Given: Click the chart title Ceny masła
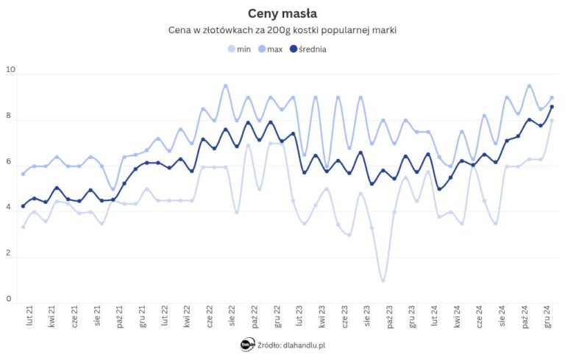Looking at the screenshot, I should pos(282,13).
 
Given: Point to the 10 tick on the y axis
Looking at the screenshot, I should pos(10,70).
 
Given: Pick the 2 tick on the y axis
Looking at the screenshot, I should pos(10,253).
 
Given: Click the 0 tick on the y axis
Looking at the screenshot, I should pos(10,299).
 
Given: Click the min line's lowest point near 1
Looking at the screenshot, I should pos(383,280).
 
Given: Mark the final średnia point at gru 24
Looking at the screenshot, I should pos(552,107).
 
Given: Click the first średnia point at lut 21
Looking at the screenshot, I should pos(24,206).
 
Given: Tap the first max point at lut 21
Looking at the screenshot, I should pos(24,174).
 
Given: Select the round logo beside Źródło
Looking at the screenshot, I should pos(248,345).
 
